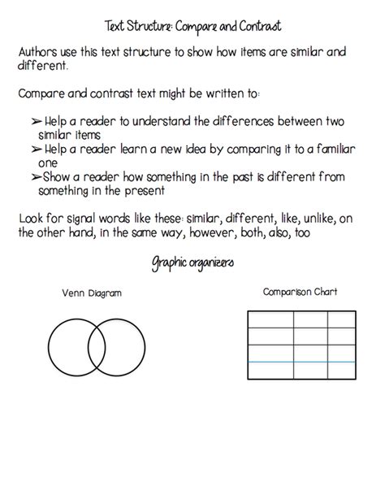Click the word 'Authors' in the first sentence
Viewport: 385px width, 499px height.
point(39,53)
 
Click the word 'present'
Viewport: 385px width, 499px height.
point(143,192)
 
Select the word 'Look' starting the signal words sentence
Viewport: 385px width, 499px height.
point(31,220)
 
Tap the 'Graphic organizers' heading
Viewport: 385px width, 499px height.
point(192,263)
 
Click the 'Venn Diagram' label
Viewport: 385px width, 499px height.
point(83,293)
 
